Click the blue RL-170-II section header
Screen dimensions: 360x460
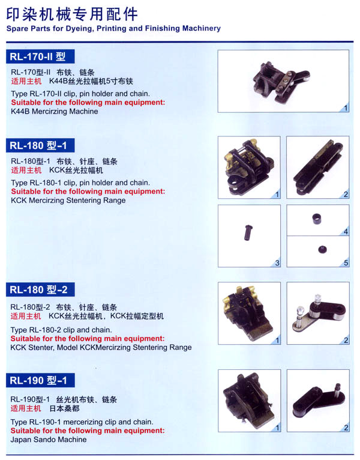(x=40, y=56)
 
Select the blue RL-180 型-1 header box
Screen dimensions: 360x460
(x=40, y=145)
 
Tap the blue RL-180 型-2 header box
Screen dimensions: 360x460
(x=40, y=289)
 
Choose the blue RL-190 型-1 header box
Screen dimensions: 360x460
(x=40, y=380)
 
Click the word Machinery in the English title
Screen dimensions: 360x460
(x=202, y=28)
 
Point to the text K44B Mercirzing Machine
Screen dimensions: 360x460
(x=55, y=112)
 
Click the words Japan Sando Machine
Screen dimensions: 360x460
(x=49, y=440)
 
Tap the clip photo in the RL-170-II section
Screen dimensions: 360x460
(x=281, y=82)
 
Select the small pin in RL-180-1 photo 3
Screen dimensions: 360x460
(x=248, y=232)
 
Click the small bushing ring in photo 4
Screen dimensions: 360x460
(x=317, y=219)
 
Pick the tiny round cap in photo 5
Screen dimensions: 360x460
(x=322, y=250)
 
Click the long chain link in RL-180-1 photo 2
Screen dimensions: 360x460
(x=318, y=168)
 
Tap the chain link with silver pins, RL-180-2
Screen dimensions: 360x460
(x=319, y=316)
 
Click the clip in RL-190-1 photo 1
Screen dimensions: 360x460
(x=248, y=401)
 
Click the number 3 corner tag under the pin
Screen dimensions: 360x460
(x=277, y=262)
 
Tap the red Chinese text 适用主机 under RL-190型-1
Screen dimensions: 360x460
(x=26, y=408)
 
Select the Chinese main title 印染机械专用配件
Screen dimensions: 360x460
(x=72, y=14)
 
